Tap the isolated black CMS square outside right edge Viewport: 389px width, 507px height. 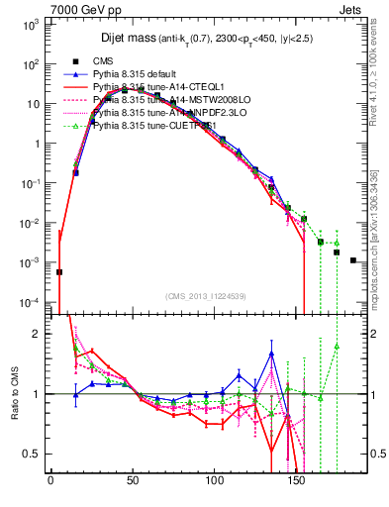click(352, 260)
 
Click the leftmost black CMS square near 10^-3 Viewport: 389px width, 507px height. click(59, 271)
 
